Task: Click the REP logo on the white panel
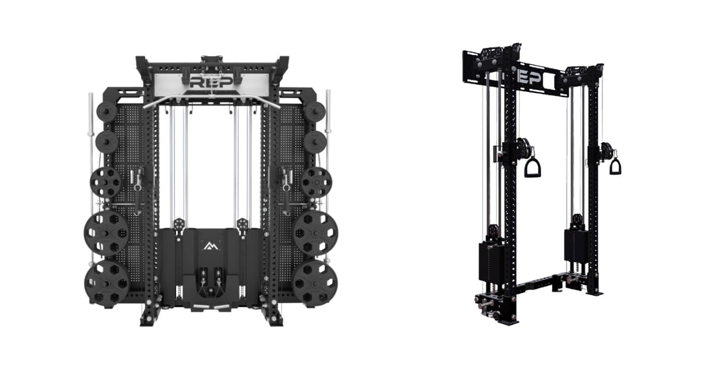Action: click(x=211, y=82)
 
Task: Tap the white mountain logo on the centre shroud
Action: click(x=209, y=246)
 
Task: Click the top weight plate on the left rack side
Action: click(x=107, y=111)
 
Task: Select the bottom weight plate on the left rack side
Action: click(x=107, y=283)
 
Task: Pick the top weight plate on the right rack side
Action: click(x=314, y=111)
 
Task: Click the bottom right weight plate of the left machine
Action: click(x=316, y=283)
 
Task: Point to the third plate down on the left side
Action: click(x=106, y=183)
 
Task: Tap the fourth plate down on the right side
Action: click(x=316, y=233)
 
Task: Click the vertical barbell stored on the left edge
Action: click(x=91, y=179)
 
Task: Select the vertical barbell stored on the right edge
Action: click(x=328, y=179)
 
